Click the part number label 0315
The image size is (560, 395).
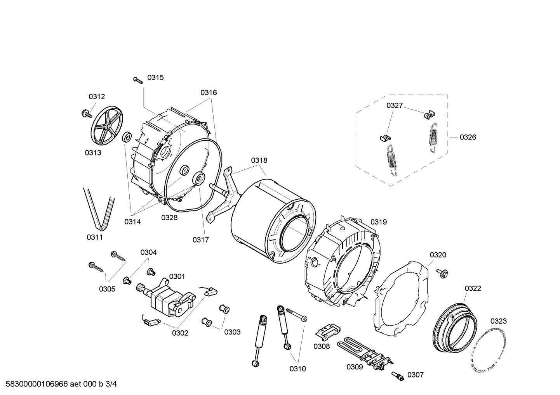155,78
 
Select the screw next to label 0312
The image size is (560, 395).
87,114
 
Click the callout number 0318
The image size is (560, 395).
259,160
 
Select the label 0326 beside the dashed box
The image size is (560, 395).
468,137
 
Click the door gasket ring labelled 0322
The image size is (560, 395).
456,328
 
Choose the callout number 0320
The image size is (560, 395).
438,255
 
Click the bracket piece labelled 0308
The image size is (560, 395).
327,331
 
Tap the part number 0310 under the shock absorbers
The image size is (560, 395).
298,369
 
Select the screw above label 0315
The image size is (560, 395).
138,80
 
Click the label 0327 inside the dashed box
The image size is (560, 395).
395,105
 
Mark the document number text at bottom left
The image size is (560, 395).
61,384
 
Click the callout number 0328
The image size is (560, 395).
169,217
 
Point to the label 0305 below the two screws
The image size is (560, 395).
107,289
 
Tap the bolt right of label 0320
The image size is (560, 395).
442,273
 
